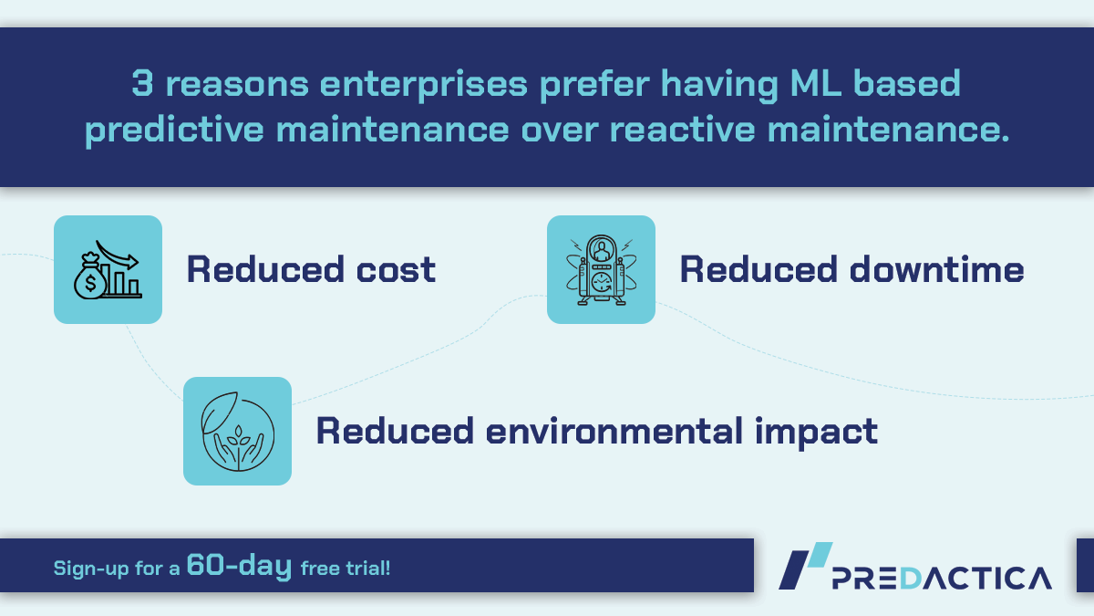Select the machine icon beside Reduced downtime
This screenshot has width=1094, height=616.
click(601, 269)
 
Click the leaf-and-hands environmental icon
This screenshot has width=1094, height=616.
click(237, 431)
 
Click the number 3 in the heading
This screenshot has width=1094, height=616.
click(142, 85)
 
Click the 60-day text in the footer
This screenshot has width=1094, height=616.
click(239, 567)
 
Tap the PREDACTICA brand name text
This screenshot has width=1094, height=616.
click(943, 577)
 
